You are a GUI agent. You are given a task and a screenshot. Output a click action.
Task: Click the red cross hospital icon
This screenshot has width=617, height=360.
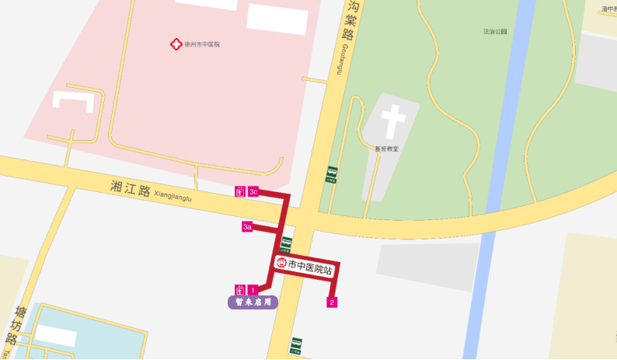[176, 44]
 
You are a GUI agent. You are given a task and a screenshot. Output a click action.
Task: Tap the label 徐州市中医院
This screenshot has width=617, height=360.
[202, 44]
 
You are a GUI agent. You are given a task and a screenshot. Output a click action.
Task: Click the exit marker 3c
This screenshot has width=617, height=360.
[253, 191]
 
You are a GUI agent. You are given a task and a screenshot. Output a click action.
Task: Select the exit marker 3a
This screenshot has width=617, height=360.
[247, 227]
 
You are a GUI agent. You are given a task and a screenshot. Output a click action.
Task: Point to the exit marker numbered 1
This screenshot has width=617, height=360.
[253, 290]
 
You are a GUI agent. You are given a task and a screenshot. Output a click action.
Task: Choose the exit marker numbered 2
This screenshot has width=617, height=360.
[332, 302]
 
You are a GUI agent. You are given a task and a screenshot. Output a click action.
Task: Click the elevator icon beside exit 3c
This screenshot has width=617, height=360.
[239, 191]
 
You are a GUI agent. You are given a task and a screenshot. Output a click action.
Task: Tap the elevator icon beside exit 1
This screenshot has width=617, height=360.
[239, 290]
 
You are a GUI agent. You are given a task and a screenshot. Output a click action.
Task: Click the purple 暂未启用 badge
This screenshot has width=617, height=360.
[253, 302]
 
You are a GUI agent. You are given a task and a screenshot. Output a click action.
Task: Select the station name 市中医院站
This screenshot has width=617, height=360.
[310, 269]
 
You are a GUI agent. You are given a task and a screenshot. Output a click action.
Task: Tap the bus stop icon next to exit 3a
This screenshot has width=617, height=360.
[286, 244]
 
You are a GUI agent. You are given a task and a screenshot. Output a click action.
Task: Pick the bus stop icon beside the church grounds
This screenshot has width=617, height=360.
[332, 173]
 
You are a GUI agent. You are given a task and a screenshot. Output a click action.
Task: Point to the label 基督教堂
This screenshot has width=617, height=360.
[387, 148]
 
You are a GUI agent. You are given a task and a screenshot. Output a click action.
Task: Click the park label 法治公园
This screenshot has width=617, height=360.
[495, 32]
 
